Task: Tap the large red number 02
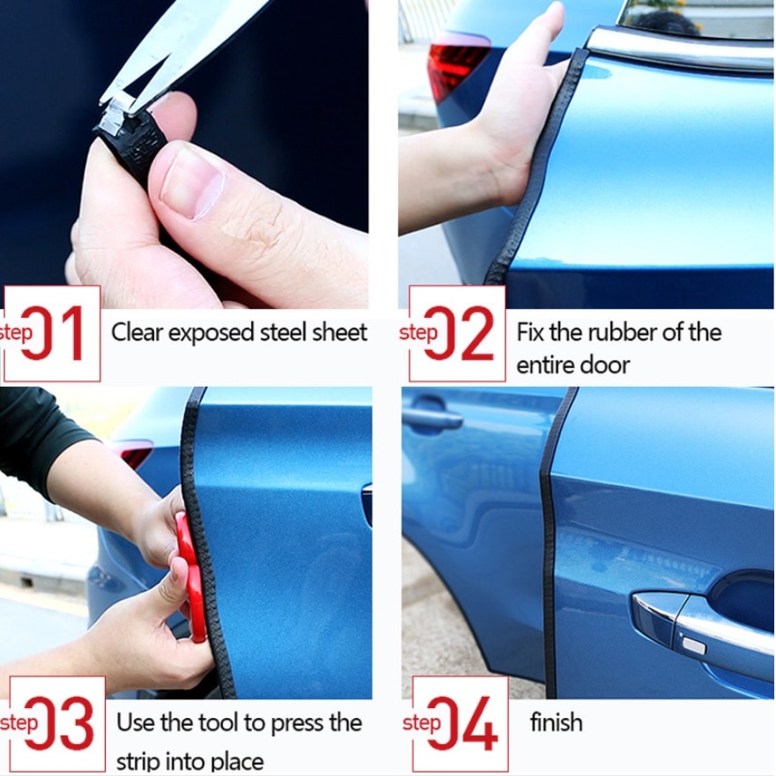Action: [461, 334]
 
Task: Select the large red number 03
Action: [60, 724]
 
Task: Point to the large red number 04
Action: [464, 724]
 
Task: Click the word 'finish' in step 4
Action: [556, 722]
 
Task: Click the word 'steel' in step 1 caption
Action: [284, 332]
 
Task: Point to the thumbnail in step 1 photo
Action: [191, 180]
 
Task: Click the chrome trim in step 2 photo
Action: [678, 48]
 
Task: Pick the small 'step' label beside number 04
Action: [421, 723]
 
